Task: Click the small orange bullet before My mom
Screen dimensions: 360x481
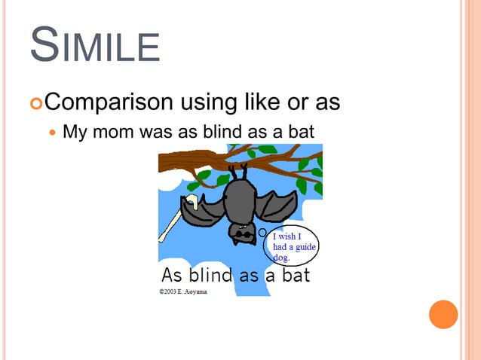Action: [x=52, y=133]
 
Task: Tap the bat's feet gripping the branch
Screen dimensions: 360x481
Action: [x=239, y=174]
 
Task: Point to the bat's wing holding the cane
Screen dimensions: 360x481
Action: [x=198, y=213]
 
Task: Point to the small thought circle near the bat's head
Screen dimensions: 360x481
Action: [x=262, y=233]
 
